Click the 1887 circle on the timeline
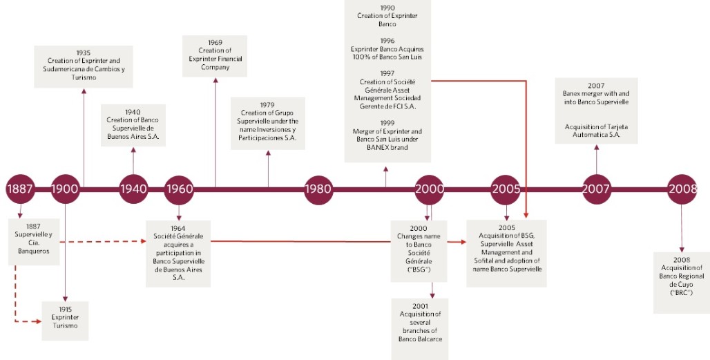[x=20, y=189]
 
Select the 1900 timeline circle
[x=66, y=189]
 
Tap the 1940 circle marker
[x=133, y=189]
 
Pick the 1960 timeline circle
[x=179, y=189]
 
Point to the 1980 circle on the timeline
[x=319, y=189]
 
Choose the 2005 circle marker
[x=507, y=189]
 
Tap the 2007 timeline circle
[x=597, y=189]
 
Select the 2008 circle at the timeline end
[x=683, y=189]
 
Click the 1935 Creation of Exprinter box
[x=84, y=66]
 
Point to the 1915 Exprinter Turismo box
[x=65, y=320]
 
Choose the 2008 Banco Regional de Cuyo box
[x=682, y=283]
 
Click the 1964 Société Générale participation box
[x=179, y=252]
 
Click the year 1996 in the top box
[x=387, y=40]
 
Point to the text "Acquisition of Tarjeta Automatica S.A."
[x=597, y=131]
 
